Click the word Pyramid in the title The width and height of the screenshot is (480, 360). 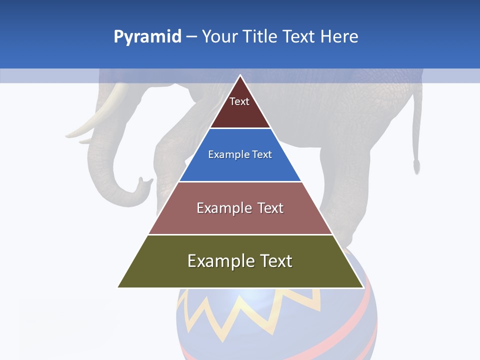tap(147, 37)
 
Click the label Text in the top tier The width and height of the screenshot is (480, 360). tap(239, 101)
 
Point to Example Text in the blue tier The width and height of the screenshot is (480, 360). tap(240, 154)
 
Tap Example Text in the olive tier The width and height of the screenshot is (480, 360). tap(240, 261)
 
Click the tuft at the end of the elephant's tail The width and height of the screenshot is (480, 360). tap(416, 165)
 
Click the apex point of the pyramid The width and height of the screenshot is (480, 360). tap(240, 76)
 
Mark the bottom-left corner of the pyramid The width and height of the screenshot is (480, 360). tap(118, 287)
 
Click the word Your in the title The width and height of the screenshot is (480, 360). tap(218, 36)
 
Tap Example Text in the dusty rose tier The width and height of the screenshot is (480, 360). tap(240, 208)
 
